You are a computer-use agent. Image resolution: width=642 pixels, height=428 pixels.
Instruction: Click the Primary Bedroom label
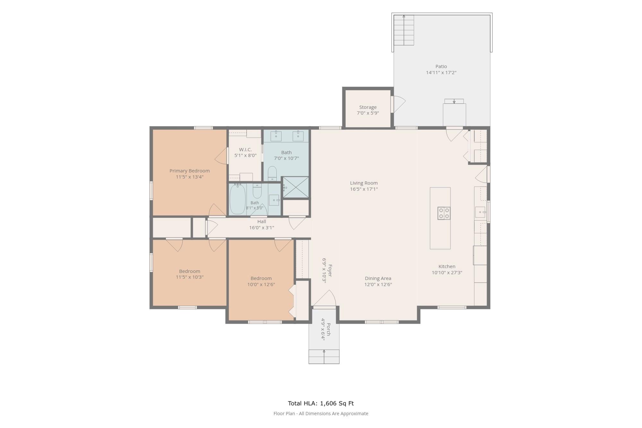pyautogui.click(x=189, y=171)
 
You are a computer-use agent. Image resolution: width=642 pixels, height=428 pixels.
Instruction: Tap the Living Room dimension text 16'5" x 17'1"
pyautogui.click(x=364, y=189)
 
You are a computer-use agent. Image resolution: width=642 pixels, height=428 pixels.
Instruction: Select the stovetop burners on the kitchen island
pyautogui.click(x=444, y=213)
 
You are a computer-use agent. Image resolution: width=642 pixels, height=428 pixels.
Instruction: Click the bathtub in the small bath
pyautogui.click(x=238, y=199)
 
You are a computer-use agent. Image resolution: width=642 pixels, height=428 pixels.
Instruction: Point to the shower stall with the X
pyautogui.click(x=295, y=187)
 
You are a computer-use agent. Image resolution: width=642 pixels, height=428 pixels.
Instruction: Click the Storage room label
pyautogui.click(x=368, y=107)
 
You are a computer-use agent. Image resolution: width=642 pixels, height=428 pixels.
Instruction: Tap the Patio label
pyautogui.click(x=441, y=66)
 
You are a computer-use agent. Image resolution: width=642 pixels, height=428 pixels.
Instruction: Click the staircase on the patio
pyautogui.click(x=404, y=30)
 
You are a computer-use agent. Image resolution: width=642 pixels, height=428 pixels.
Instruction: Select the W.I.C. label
pyautogui.click(x=245, y=150)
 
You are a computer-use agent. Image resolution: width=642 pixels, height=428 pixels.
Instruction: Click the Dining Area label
pyautogui.click(x=378, y=278)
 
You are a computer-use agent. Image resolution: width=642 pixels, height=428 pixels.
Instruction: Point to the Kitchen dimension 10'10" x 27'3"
pyautogui.click(x=447, y=273)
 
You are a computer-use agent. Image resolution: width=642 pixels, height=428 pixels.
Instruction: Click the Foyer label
pyautogui.click(x=330, y=271)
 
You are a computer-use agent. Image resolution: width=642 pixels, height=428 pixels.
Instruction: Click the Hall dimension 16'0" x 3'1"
pyautogui.click(x=262, y=228)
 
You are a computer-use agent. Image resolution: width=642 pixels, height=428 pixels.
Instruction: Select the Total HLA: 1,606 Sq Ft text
pyautogui.click(x=321, y=404)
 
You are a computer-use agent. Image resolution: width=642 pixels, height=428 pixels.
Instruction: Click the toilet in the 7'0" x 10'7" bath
pyautogui.click(x=272, y=174)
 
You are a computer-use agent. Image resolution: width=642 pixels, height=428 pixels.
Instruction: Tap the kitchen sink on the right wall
pyautogui.click(x=480, y=212)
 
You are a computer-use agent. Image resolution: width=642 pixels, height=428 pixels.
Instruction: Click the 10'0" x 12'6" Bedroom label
pyautogui.click(x=261, y=278)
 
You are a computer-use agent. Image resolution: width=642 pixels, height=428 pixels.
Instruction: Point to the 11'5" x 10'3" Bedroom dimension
pyautogui.click(x=189, y=277)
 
